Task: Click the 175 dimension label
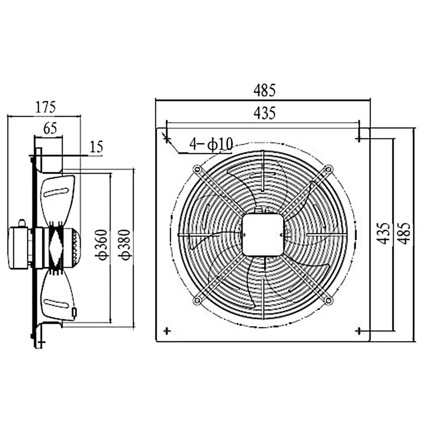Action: pos(45,107)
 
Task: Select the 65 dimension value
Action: pos(49,128)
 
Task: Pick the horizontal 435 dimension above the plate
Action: pos(263,113)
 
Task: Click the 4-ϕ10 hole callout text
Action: pos(212,144)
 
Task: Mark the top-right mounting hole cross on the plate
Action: pos(360,139)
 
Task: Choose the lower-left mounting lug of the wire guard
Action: pos(197,301)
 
